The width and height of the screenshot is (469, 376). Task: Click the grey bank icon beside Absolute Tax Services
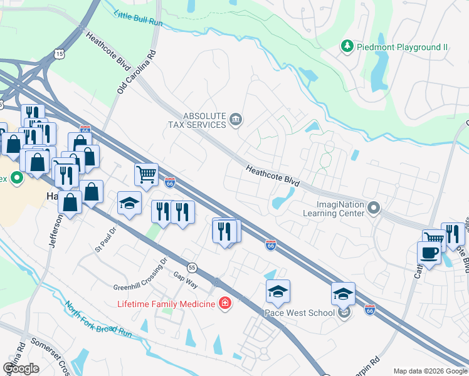[x=236, y=120]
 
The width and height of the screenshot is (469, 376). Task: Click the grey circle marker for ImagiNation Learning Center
[x=374, y=207]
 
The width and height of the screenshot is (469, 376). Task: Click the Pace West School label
[x=300, y=311]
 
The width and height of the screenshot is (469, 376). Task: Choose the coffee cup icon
[x=429, y=253]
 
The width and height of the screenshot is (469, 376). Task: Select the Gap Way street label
[x=186, y=280]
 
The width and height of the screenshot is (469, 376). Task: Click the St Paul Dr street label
[x=106, y=238]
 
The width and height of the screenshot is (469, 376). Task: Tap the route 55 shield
[x=192, y=267]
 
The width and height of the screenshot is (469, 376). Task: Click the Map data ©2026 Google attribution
[x=429, y=371]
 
